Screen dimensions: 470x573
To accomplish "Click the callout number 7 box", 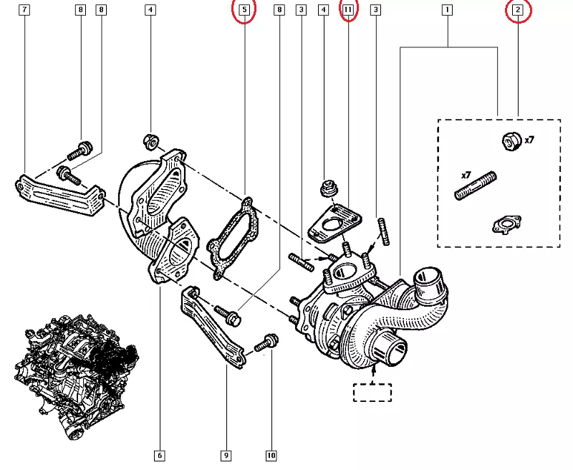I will click(x=26, y=10).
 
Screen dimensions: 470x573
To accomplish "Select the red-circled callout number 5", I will click(x=244, y=10).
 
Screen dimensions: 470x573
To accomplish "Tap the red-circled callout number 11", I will click(x=348, y=10).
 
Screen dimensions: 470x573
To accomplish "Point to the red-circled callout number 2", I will click(x=518, y=10).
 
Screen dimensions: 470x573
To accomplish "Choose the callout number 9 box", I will click(x=226, y=455).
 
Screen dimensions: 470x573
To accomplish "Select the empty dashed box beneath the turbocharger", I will click(x=372, y=393).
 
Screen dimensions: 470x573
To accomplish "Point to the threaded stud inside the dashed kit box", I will click(x=476, y=184).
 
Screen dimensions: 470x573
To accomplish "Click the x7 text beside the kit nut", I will click(x=529, y=140).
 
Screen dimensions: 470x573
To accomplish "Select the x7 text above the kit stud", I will click(x=465, y=175).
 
